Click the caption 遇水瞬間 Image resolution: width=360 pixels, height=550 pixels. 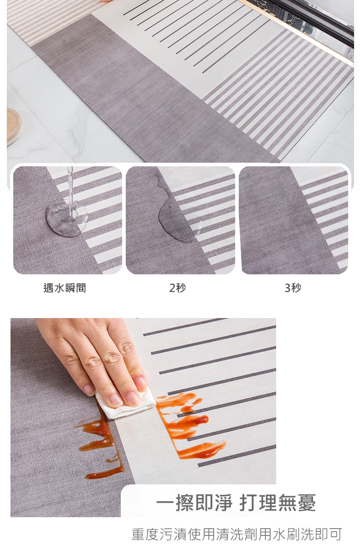[x=65, y=288]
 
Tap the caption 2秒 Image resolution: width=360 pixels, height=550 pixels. [x=177, y=288]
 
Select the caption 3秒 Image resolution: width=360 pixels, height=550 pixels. [x=293, y=288]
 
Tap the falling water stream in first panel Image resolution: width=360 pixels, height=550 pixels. [x=71, y=191]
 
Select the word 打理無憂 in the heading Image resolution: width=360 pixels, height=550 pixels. [x=278, y=502]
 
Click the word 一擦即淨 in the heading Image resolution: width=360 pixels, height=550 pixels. [x=194, y=502]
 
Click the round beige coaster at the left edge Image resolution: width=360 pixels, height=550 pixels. [x=14, y=127]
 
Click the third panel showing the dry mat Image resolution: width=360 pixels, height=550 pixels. [x=293, y=220]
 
